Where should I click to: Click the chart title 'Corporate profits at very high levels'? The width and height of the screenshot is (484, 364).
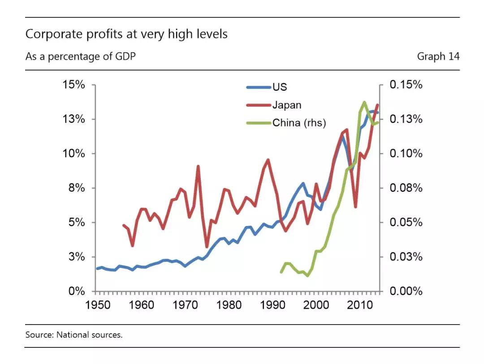(x=126, y=34)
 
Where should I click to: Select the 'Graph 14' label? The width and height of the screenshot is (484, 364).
(x=438, y=56)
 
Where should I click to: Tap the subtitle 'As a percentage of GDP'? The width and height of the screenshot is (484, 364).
(x=81, y=57)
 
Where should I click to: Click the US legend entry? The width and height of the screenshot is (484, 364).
(x=267, y=87)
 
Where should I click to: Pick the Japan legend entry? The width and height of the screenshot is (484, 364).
(x=274, y=105)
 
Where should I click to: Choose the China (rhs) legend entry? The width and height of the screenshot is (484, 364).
(x=286, y=123)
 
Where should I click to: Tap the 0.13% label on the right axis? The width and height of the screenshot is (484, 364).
(x=406, y=119)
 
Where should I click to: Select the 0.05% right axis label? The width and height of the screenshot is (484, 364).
(x=406, y=222)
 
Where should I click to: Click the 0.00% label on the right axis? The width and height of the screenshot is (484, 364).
(x=406, y=291)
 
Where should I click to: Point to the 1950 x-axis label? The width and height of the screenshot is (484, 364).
(x=98, y=305)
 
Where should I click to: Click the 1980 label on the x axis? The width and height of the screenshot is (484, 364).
(x=229, y=305)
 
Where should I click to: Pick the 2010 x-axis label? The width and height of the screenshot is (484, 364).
(x=360, y=305)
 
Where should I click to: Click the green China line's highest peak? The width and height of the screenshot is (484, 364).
(x=364, y=103)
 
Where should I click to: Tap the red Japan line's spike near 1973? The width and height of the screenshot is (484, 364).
(x=198, y=167)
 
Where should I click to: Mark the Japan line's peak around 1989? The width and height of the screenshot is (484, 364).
(x=268, y=160)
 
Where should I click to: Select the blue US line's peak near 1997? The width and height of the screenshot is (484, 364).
(x=303, y=184)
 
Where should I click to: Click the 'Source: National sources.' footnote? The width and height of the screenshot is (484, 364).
(x=74, y=335)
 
